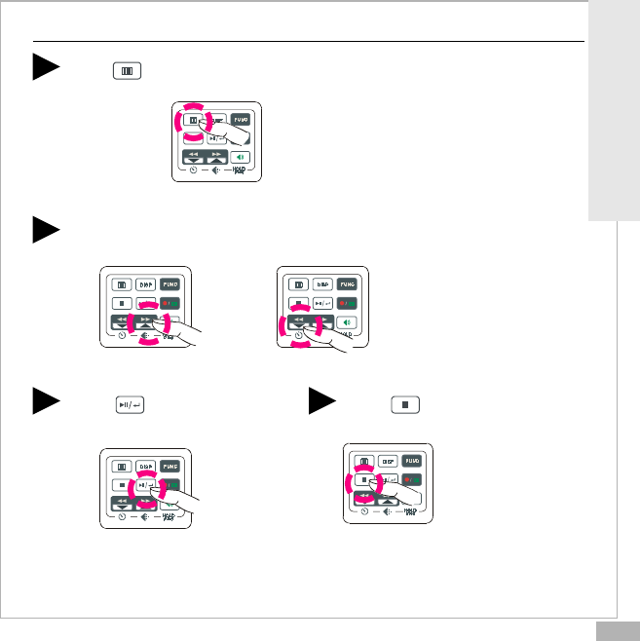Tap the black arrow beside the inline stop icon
coord(323,400)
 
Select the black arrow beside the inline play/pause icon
coord(46,400)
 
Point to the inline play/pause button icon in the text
coord(130,403)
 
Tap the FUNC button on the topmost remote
coord(241,121)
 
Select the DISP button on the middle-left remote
coord(146,285)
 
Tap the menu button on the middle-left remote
coord(122,285)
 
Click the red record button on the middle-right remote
coord(347,303)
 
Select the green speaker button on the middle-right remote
coord(347,321)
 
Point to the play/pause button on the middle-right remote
coord(322,303)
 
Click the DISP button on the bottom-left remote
coord(146,467)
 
